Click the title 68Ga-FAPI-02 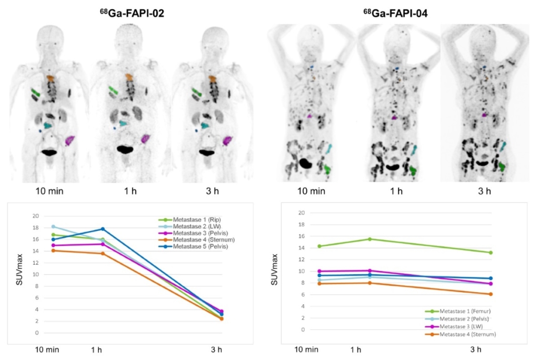coord(133,14)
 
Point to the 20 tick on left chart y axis coord(35,216)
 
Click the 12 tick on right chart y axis coord(302,259)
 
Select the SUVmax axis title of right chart coord(274,271)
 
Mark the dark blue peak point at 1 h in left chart coord(103,229)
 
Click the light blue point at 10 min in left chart coord(53,226)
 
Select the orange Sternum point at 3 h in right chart coord(491,294)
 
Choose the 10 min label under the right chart coord(306,350)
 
